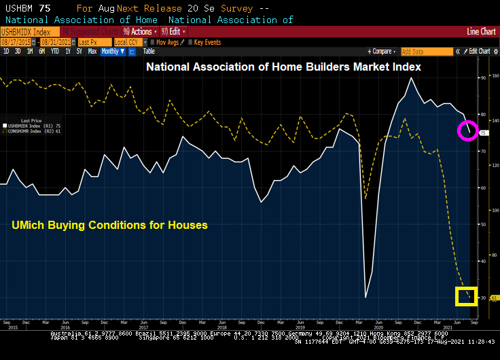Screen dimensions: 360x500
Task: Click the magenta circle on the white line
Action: [467, 130]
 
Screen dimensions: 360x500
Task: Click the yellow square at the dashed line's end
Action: [466, 295]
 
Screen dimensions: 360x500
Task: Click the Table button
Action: [149, 51]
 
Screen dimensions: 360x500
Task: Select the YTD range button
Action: [54, 51]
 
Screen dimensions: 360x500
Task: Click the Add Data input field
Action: [425, 51]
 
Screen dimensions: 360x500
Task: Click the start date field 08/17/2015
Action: [14, 42]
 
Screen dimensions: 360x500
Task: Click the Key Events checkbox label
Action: [207, 42]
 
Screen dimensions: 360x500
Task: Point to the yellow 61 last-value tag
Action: [494, 298]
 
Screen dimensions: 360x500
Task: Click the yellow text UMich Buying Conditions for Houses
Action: [110, 225]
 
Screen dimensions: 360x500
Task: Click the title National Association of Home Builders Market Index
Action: [284, 67]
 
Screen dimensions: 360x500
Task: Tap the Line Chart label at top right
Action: [482, 32]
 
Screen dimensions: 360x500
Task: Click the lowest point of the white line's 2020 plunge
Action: [366, 297]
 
